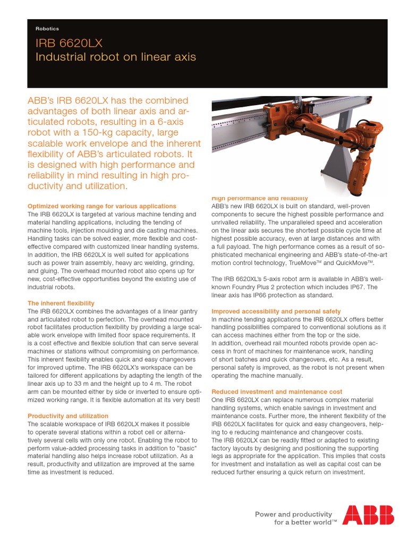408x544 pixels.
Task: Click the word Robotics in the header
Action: (47, 29)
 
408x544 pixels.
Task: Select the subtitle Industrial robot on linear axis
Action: (115, 57)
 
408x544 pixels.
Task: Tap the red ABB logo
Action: (368, 515)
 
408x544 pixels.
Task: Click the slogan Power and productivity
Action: (293, 514)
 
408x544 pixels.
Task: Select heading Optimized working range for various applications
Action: (101, 206)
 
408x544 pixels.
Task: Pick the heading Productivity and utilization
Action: (67, 416)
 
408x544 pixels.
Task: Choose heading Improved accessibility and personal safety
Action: (276, 311)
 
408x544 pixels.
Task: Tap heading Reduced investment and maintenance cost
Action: (277, 392)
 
